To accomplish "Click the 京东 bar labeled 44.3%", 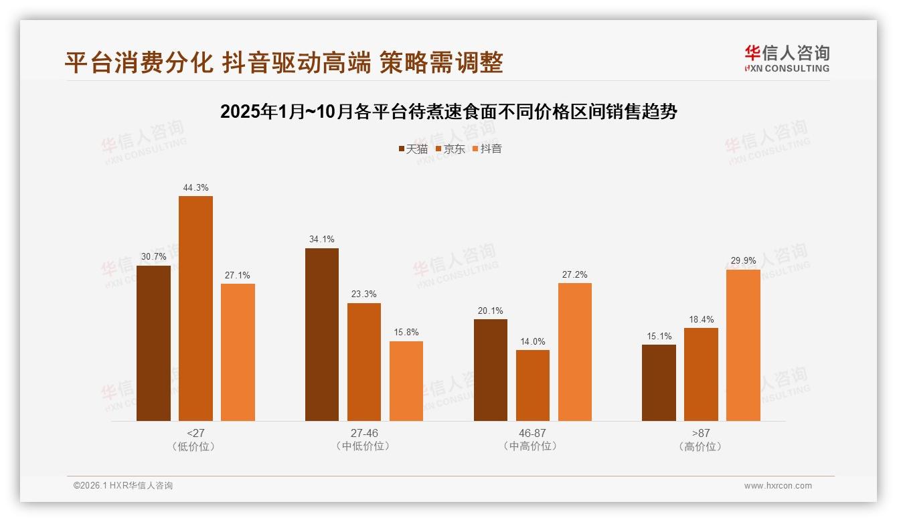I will point(195,309).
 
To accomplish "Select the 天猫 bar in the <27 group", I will point(153,343).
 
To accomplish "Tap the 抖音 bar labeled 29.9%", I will point(743,345).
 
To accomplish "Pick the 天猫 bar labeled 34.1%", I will point(322,335).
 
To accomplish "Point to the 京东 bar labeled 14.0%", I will point(533,385).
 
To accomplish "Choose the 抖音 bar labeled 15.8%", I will point(406,381).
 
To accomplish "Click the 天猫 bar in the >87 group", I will point(659,383).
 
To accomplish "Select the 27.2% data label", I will point(575,275).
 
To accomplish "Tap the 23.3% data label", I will point(364,294).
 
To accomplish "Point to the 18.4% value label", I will point(701,319).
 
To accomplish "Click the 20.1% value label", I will point(491,311).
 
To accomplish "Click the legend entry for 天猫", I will point(413,149).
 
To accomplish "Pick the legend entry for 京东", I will point(451,149).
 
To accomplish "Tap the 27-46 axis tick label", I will point(364,434).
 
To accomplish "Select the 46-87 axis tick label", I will point(533,434).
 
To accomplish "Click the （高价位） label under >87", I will point(701,446).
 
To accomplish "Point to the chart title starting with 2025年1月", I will point(448,112).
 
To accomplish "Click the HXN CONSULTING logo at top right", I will point(787,59).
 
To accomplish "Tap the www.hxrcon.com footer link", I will point(778,486).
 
